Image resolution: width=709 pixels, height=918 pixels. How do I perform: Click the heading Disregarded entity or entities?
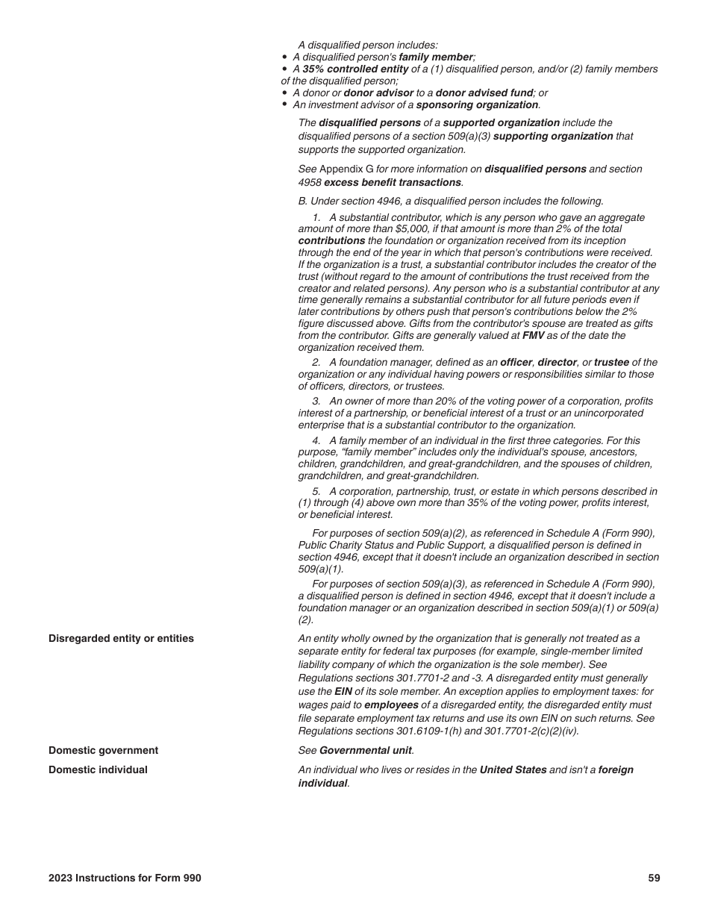[121, 638]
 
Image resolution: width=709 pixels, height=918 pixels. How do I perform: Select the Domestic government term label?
[103, 750]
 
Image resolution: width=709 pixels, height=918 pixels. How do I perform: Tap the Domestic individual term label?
[98, 769]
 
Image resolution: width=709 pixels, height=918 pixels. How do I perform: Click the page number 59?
[654, 878]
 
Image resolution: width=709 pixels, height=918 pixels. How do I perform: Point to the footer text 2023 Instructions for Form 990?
[125, 878]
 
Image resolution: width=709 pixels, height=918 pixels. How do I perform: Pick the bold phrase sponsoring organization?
[478, 104]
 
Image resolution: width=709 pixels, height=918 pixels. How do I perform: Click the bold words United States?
[513, 769]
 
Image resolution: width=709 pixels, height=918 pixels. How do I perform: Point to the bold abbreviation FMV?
[533, 336]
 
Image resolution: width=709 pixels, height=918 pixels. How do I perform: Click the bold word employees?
[391, 705]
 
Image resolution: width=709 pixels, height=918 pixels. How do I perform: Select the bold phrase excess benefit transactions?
[393, 182]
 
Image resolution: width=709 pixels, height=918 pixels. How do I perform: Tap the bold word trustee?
[611, 362]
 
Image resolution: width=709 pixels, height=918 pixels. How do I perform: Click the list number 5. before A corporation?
[316, 491]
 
